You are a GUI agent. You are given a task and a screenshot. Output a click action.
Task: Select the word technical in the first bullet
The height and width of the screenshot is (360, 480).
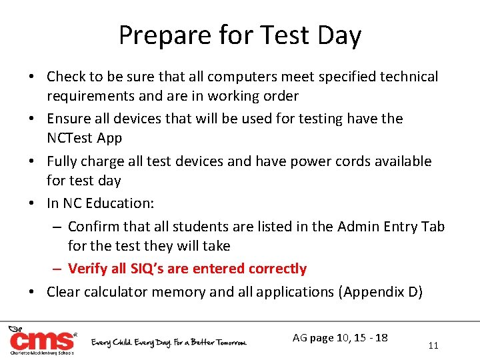click(x=409, y=77)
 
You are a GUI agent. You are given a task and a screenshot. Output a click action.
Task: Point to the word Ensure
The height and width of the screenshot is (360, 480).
click(x=69, y=119)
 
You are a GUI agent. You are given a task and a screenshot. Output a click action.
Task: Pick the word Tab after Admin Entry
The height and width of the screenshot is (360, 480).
click(x=433, y=227)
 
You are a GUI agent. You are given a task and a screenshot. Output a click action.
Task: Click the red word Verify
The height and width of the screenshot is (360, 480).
click(x=87, y=269)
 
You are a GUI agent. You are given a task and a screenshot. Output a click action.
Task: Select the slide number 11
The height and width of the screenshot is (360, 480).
click(x=433, y=345)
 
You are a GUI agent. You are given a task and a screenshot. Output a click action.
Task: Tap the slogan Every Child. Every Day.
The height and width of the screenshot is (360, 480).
click(x=133, y=342)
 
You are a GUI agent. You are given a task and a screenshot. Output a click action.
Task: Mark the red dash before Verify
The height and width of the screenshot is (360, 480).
click(x=58, y=269)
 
